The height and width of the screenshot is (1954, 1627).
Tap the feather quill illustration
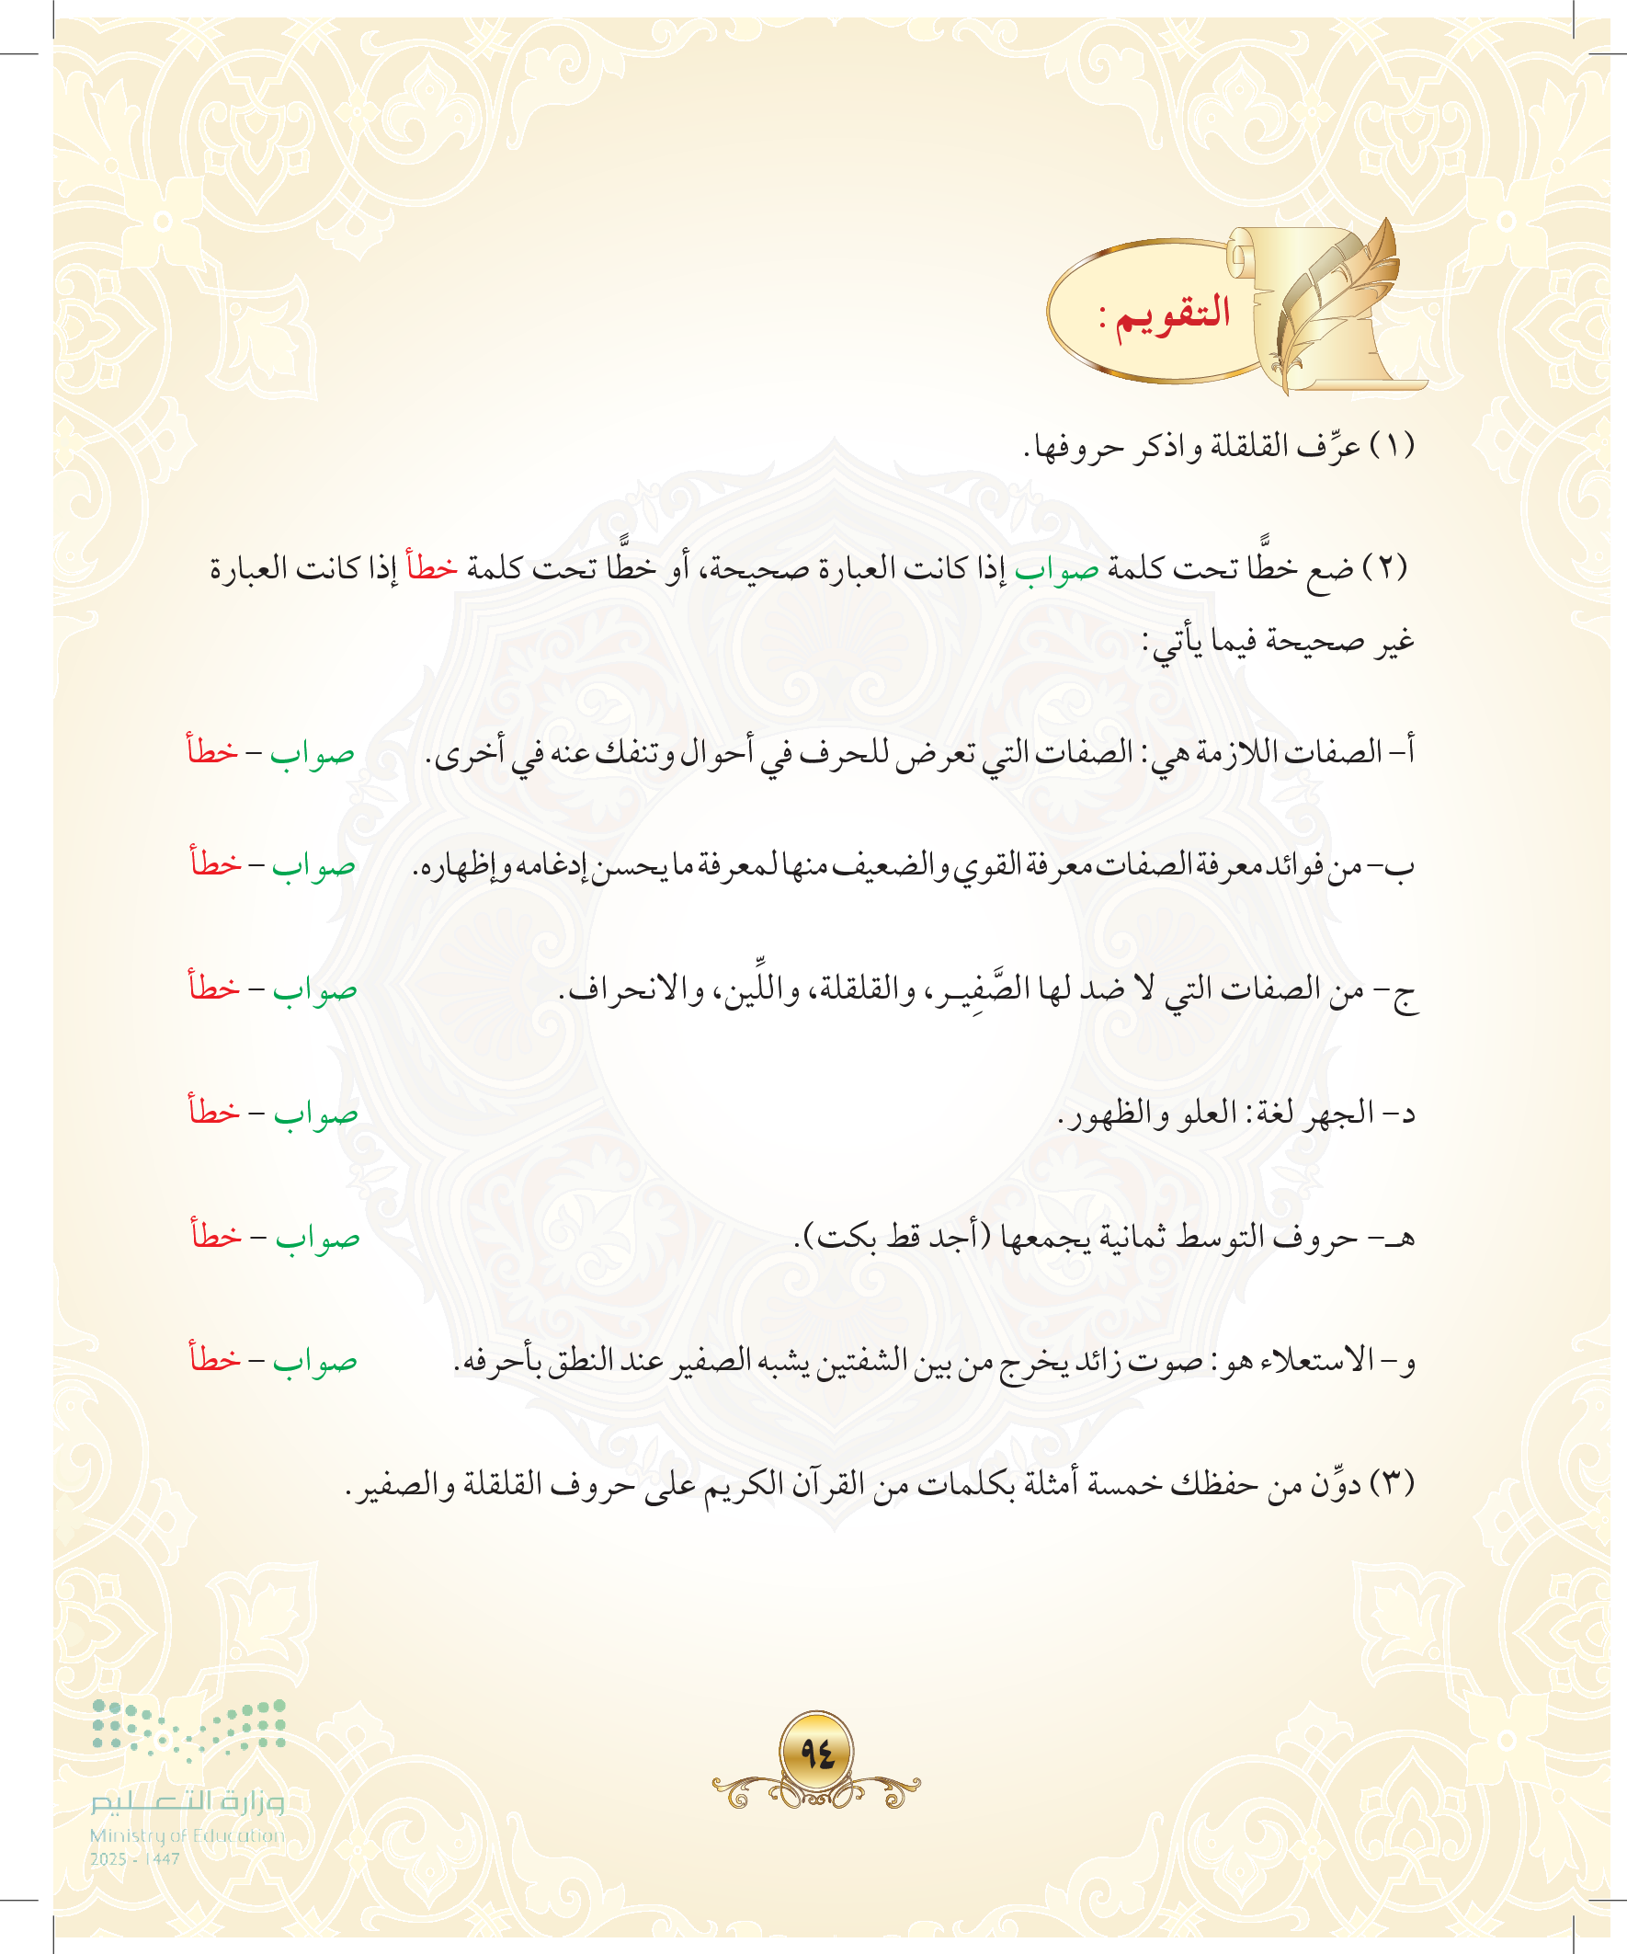point(1339,298)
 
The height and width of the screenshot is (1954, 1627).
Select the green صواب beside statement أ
point(313,753)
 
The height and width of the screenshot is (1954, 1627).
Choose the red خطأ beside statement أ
point(213,749)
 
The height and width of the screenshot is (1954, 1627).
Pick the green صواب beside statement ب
point(313,866)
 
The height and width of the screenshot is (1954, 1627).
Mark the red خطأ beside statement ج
point(214,987)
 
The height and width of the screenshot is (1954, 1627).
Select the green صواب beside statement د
point(315,1113)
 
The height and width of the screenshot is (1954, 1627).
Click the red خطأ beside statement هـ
point(217,1235)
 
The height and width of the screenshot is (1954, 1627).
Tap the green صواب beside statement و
point(314,1361)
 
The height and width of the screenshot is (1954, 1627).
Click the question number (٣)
point(1393,1482)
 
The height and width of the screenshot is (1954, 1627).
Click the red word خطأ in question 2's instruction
point(433,566)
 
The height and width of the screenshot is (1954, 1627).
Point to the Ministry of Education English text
point(187,1835)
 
